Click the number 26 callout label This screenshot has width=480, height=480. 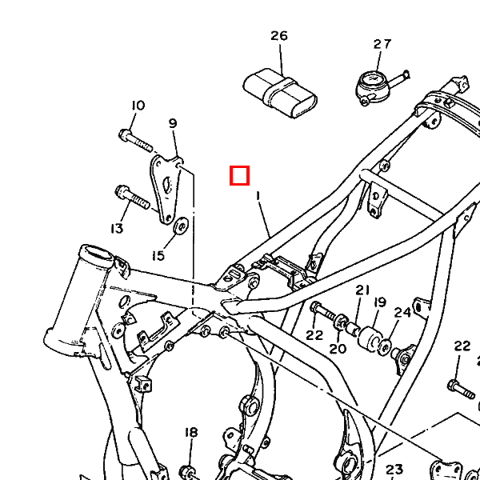click(278, 36)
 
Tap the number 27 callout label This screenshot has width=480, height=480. click(382, 45)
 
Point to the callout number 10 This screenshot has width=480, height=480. click(138, 106)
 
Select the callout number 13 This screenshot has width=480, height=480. click(117, 229)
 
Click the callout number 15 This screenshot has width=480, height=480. click(158, 255)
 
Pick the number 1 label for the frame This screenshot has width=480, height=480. click(258, 194)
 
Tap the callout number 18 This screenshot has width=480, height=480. click(191, 433)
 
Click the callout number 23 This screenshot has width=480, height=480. click(394, 470)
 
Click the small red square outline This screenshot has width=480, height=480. click(239, 175)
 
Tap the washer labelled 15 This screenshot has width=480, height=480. click(181, 227)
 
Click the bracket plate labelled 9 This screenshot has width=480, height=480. click(167, 189)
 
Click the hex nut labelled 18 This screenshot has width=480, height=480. click(190, 470)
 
